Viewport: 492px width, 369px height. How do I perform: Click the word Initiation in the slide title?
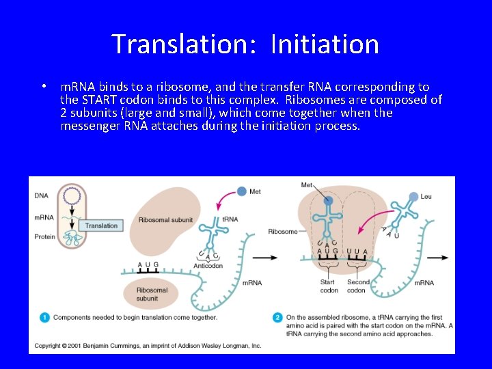pos(325,44)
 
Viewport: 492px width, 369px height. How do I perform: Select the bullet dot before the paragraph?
pos(43,87)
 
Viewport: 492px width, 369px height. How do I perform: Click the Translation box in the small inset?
pos(100,225)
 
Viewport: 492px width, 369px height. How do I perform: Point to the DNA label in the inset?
pos(41,195)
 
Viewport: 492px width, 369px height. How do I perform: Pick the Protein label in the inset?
pos(44,237)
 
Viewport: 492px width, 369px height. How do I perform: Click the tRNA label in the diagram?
pos(230,219)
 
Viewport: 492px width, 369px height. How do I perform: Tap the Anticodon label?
pos(208,266)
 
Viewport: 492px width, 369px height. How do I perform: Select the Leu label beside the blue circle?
pos(426,197)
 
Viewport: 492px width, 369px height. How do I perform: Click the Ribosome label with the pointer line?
pos(282,232)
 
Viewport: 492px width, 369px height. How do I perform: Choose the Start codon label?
pos(329,286)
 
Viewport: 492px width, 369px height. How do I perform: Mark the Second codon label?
pos(357,286)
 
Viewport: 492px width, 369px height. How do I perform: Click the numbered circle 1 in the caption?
pos(44,317)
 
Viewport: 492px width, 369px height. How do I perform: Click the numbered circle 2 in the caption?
pos(277,317)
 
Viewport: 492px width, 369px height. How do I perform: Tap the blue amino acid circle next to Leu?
pos(413,197)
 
